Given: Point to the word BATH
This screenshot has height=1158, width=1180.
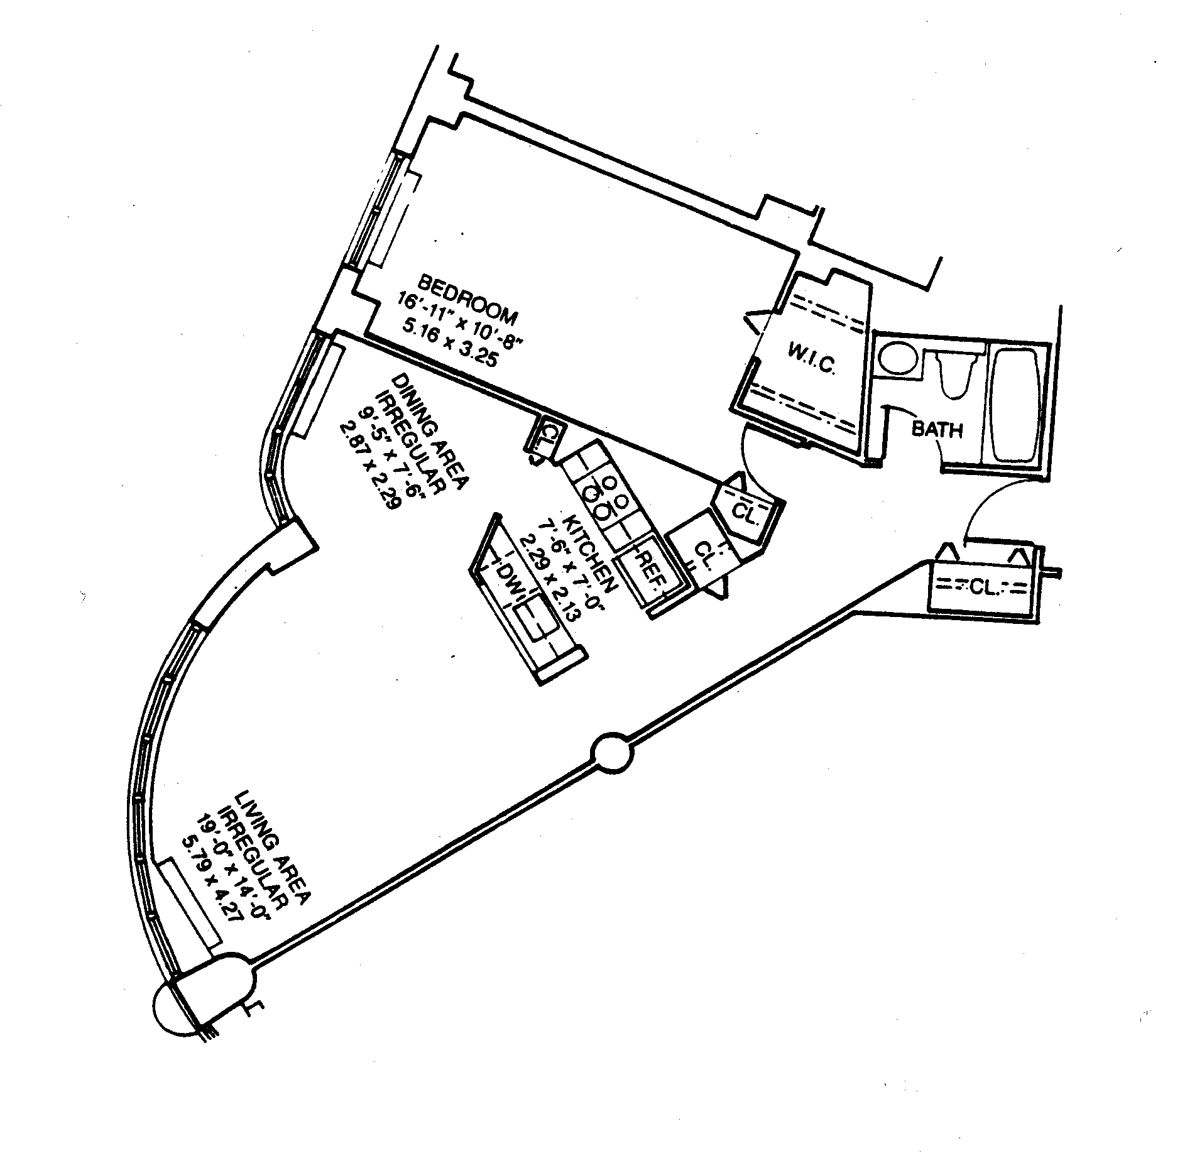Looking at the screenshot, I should (937, 430).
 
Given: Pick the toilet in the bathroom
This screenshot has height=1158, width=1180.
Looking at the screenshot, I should (956, 374).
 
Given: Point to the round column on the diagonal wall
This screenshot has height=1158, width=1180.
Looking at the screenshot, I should (611, 751).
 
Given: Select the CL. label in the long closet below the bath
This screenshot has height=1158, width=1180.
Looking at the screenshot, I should (981, 587).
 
